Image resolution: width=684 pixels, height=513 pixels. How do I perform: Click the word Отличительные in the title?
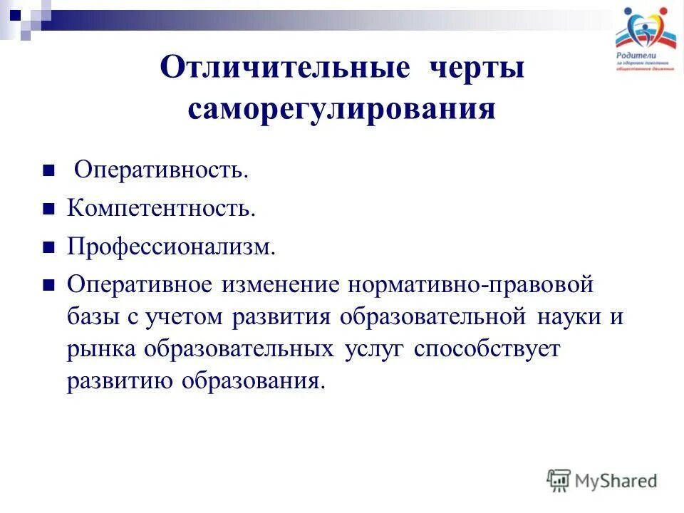click(285, 69)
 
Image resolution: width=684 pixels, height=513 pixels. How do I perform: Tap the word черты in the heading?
click(477, 69)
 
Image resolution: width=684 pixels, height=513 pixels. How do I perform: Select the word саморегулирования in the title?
click(342, 110)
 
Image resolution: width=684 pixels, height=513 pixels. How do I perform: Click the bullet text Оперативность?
click(162, 169)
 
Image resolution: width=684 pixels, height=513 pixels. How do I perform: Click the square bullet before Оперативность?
click(49, 170)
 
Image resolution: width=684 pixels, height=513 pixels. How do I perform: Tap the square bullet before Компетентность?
click(49, 209)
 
